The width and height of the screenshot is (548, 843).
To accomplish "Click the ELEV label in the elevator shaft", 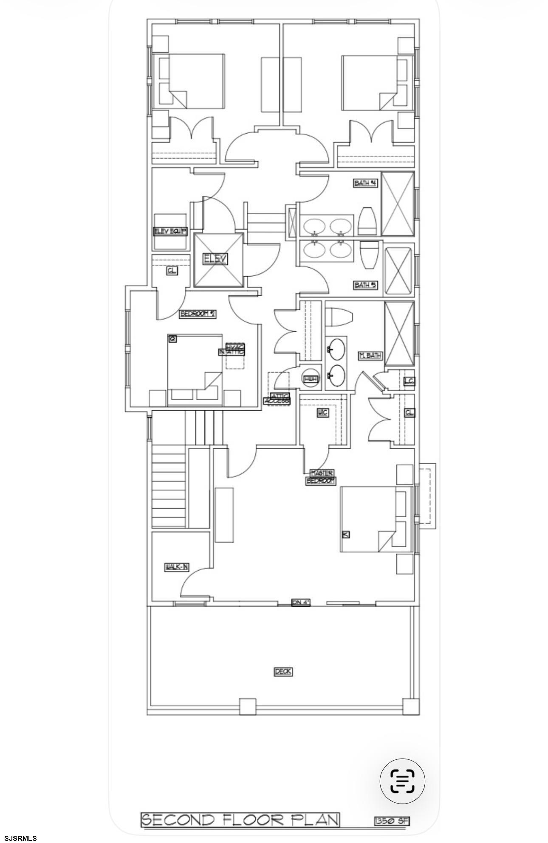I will click(x=215, y=258).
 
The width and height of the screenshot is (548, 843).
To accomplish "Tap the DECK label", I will click(x=283, y=671).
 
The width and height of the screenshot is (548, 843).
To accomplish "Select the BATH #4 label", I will click(x=365, y=183).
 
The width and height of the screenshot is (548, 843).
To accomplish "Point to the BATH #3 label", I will click(x=365, y=285).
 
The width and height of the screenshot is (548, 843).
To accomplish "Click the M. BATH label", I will click(x=370, y=356).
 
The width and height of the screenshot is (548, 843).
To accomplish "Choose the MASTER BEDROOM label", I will click(x=321, y=477).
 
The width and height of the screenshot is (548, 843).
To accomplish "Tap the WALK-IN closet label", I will click(x=176, y=567).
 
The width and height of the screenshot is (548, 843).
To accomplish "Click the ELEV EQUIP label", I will click(x=170, y=231).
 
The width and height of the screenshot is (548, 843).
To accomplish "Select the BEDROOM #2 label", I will click(x=198, y=314).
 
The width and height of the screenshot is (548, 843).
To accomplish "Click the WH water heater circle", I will click(x=311, y=379).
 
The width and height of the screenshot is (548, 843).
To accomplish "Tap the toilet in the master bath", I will click(x=339, y=317).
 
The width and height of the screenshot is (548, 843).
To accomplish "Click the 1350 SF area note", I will click(x=392, y=821).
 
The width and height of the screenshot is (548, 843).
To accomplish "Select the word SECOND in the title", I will click(x=178, y=820).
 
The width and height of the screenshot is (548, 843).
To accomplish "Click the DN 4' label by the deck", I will click(x=300, y=602).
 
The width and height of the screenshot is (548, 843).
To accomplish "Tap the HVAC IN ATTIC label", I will click(x=232, y=350).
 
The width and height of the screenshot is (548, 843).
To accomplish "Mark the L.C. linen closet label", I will click(x=409, y=381).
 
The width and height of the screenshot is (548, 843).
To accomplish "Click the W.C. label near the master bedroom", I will click(x=322, y=412).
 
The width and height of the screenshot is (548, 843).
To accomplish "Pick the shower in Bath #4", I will click(x=397, y=204).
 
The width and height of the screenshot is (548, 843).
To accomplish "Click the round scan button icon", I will click(x=402, y=781).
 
